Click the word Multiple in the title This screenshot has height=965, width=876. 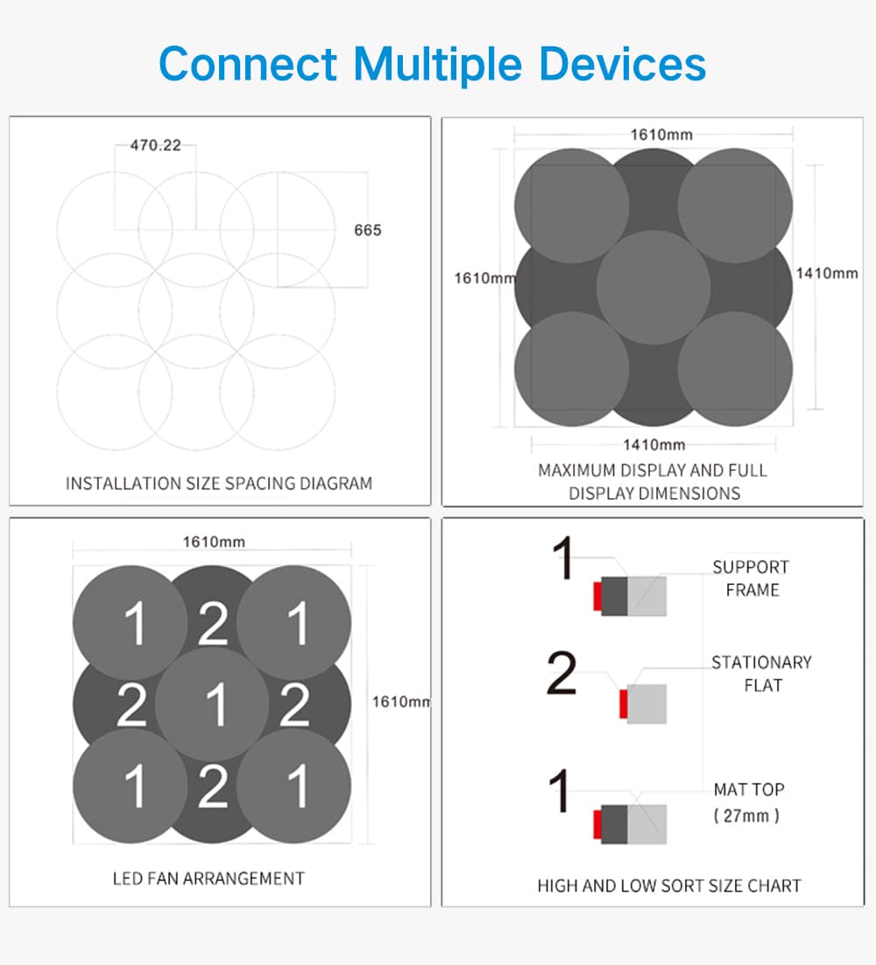(438, 64)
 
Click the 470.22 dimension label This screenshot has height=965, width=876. (156, 145)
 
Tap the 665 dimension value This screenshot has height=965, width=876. (368, 230)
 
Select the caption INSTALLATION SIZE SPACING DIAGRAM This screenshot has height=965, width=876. (219, 483)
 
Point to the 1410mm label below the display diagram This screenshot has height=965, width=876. (653, 444)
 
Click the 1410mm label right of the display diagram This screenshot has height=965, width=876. (827, 273)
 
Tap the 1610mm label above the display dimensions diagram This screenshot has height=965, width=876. (661, 134)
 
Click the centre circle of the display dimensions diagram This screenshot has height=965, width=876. (653, 287)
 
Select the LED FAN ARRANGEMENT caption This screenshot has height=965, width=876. (208, 878)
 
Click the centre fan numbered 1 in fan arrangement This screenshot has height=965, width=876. (212, 705)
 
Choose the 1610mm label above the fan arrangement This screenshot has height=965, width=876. (214, 541)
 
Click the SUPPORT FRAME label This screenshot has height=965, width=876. (751, 579)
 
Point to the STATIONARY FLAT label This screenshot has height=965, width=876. (761, 674)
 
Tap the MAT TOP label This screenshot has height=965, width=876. (749, 790)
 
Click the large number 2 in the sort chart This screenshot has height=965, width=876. (562, 673)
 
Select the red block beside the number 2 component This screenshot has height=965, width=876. (624, 703)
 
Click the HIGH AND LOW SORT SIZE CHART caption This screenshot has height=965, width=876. (669, 885)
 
